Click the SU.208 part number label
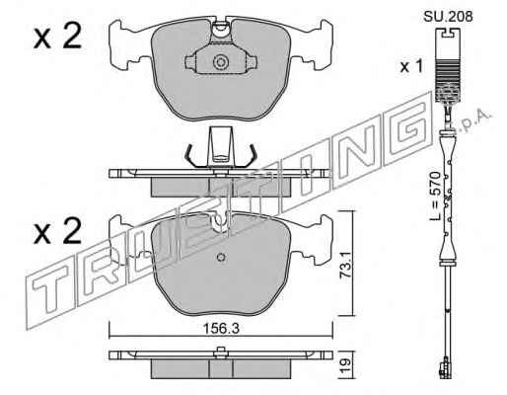[x=448, y=16]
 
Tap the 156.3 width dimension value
[x=221, y=328]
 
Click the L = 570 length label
[x=435, y=196]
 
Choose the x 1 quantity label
[x=410, y=67]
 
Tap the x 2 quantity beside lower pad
[x=57, y=231]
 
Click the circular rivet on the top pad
[x=220, y=62]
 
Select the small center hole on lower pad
[x=221, y=257]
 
